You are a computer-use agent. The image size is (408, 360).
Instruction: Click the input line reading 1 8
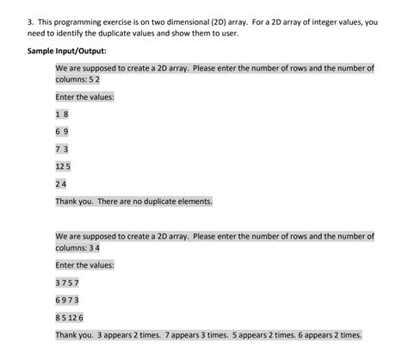61,114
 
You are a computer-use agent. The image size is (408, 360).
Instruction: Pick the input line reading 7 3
61,148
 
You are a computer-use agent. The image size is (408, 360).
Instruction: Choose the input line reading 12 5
63,165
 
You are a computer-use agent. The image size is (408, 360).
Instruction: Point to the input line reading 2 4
61,183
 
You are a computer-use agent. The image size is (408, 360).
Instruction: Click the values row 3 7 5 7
66,283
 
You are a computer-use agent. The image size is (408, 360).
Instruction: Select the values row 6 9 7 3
66,301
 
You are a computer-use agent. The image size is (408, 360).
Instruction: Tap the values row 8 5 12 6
69,318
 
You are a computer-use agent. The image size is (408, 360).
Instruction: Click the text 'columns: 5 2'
78,78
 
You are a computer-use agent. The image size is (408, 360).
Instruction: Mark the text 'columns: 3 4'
78,247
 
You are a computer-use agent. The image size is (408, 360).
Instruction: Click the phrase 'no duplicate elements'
174,202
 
